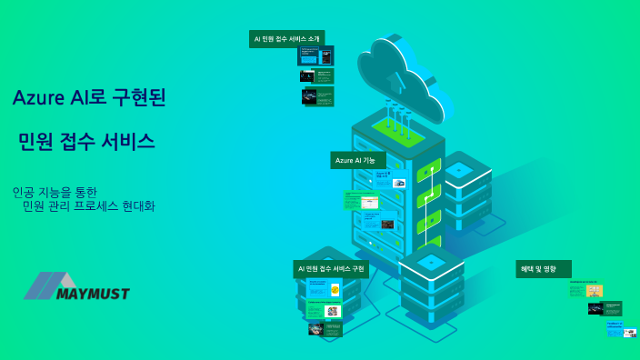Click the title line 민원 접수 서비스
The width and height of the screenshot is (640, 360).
(x=86, y=142)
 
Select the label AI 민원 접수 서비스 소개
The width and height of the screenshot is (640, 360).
(x=286, y=39)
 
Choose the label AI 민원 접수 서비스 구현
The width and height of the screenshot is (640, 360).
(x=331, y=269)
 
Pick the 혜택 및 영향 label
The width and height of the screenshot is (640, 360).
(x=543, y=268)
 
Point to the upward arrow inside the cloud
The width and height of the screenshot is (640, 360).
(x=395, y=82)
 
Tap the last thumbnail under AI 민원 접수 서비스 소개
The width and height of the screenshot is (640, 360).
(x=317, y=96)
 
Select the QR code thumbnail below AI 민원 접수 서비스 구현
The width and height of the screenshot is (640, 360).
(x=333, y=310)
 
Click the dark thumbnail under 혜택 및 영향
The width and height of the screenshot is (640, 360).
(x=605, y=309)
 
